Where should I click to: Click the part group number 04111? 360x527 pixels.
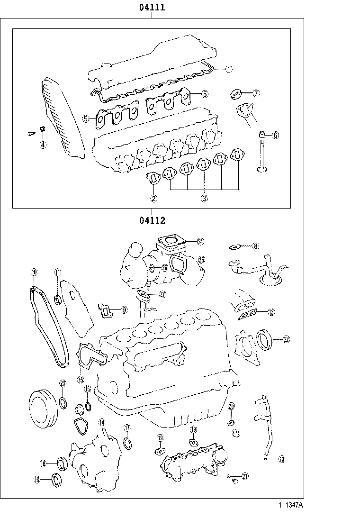[152, 8]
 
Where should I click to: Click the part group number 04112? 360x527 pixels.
[152, 220]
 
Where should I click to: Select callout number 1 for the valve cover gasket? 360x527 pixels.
[228, 69]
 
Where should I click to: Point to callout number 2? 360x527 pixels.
[153, 199]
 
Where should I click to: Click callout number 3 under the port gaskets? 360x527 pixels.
[204, 199]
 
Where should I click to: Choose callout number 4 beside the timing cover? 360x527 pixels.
[43, 145]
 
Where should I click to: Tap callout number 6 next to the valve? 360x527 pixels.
[275, 135]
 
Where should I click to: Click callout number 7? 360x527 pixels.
[256, 93]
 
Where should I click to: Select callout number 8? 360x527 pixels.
[255, 246]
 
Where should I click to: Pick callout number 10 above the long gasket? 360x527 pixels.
[34, 272]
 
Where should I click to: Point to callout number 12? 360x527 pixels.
[270, 312]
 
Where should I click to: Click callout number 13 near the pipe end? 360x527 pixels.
[281, 459]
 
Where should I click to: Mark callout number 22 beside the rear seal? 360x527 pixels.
[287, 339]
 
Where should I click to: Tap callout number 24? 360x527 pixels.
[200, 242]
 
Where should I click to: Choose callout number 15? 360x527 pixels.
[80, 380]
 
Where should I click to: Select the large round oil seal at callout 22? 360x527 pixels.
[265, 339]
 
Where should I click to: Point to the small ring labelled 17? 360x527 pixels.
[127, 443]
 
